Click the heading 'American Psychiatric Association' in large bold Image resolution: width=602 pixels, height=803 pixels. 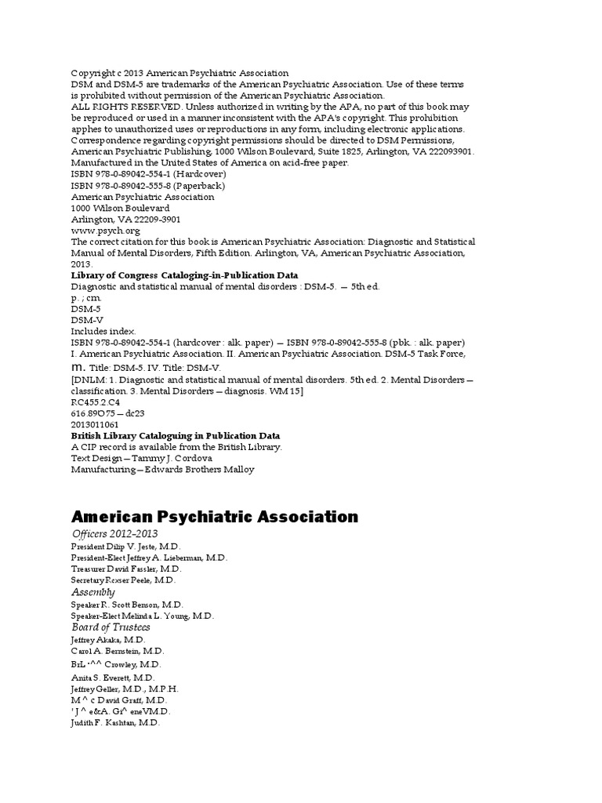214,516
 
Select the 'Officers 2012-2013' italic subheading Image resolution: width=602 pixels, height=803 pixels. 114,534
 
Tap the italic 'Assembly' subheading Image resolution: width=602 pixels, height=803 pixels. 92,592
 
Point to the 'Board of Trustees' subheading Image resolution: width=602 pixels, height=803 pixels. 111,627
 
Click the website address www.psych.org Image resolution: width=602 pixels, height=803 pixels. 106,231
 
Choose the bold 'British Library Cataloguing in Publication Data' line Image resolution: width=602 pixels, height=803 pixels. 176,435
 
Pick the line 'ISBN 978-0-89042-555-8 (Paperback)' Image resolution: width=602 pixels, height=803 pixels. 137,186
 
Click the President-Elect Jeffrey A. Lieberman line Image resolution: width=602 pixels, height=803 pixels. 149,558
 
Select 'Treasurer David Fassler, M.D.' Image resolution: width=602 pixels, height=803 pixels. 125,569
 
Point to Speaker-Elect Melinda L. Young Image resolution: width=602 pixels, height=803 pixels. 142,616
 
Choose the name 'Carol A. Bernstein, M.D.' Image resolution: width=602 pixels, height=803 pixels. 118,652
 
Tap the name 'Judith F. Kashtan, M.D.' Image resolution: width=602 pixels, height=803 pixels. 115,723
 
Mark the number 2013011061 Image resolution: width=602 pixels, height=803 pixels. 95,424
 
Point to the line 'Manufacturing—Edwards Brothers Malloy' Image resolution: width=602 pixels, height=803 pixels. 162,470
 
